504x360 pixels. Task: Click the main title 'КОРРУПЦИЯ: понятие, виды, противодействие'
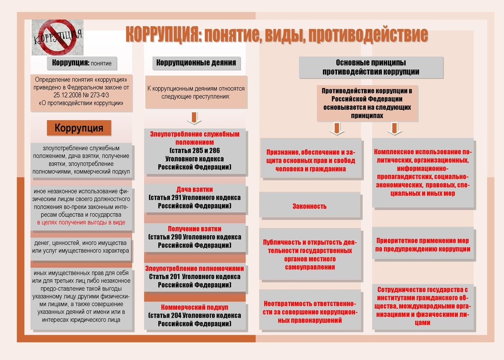[x=276, y=35]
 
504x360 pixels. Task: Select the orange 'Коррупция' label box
[x=79, y=128]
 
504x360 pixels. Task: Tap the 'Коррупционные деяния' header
[x=196, y=63]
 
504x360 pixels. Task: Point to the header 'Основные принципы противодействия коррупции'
[x=371, y=67]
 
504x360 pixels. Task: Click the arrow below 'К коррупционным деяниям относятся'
[x=194, y=118]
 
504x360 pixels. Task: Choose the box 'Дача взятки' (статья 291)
[x=195, y=197]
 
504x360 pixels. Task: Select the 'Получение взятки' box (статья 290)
[x=195, y=237]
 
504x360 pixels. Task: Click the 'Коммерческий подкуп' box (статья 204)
[x=195, y=315]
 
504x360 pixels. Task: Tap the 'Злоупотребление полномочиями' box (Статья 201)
[x=195, y=276]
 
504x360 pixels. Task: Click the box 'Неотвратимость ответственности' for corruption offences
[x=310, y=312]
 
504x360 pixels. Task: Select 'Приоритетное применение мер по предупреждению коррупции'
[x=422, y=245]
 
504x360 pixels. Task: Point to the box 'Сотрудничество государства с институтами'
[x=422, y=306]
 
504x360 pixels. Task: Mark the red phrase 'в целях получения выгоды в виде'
[x=81, y=223]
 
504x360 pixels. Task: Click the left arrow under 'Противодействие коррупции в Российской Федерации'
[x=337, y=129]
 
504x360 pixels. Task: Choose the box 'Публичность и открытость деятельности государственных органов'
[x=310, y=255]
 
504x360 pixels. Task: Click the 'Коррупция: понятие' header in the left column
[x=82, y=63]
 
